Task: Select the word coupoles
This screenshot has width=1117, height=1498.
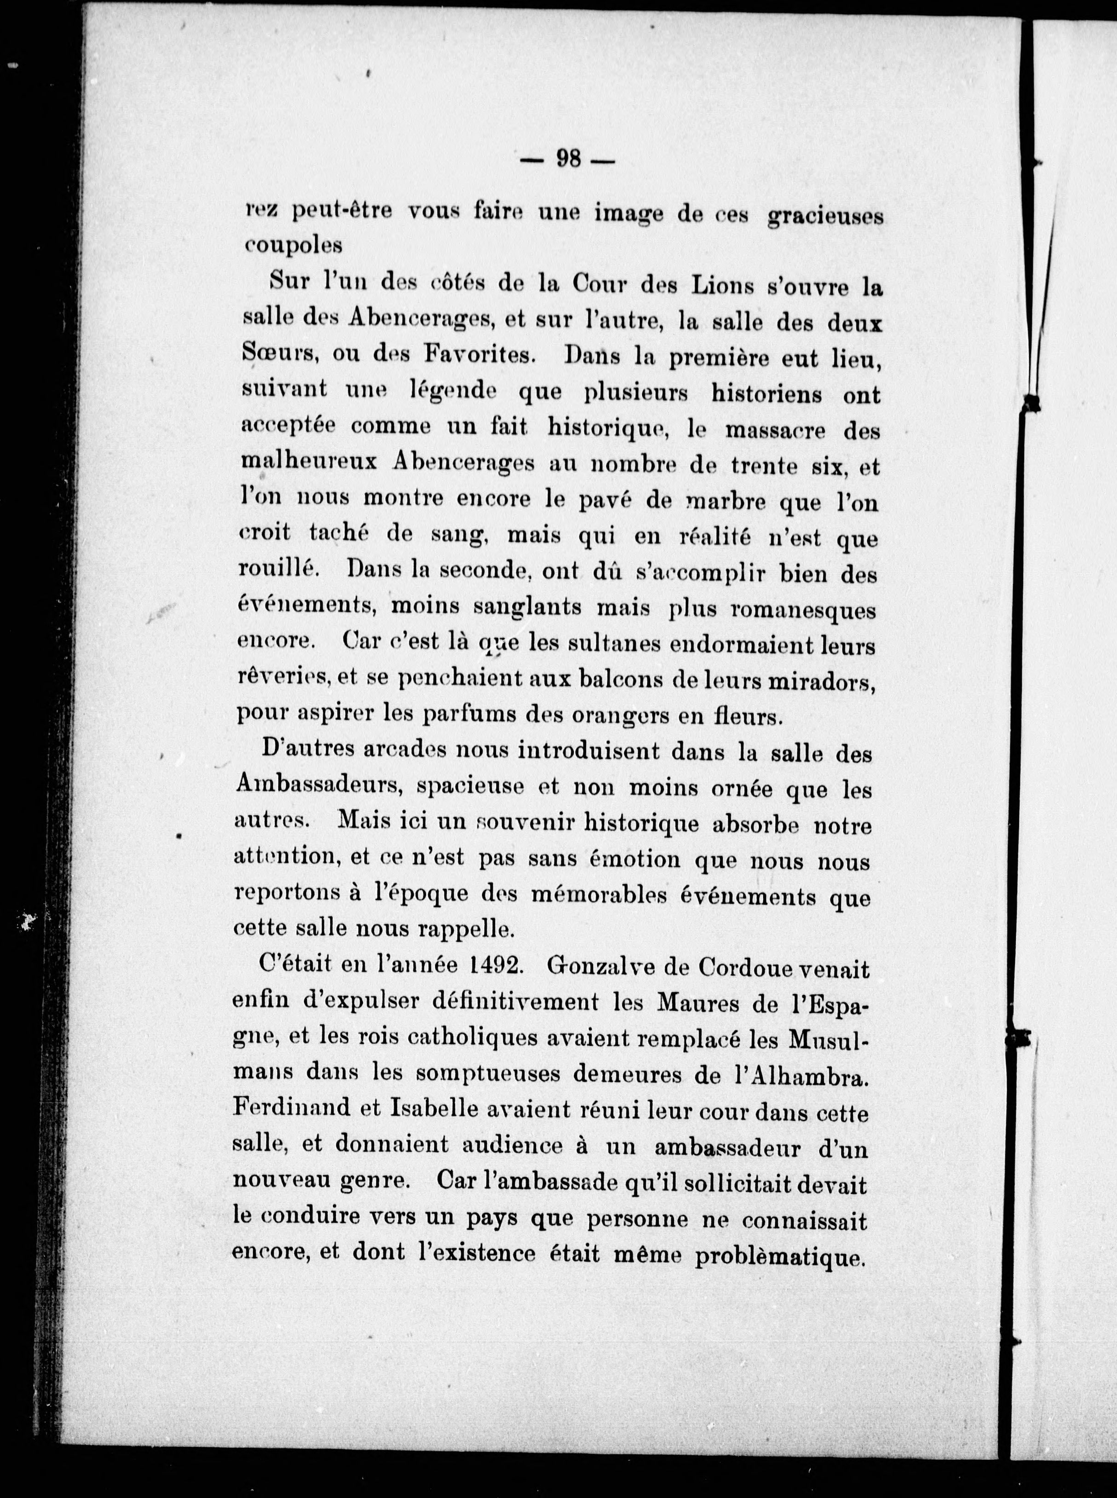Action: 294,246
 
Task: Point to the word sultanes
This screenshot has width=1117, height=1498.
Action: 615,644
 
